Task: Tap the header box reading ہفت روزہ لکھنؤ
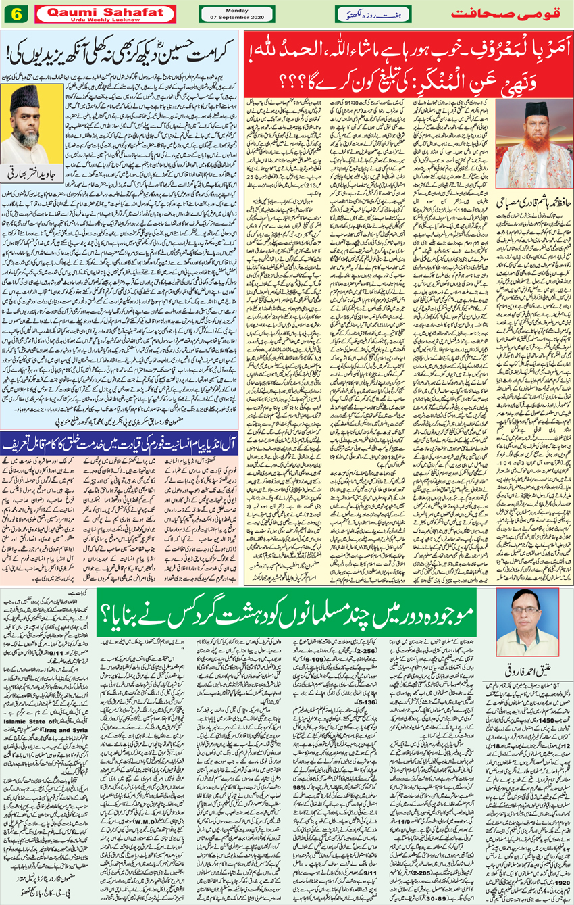[373, 14]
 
